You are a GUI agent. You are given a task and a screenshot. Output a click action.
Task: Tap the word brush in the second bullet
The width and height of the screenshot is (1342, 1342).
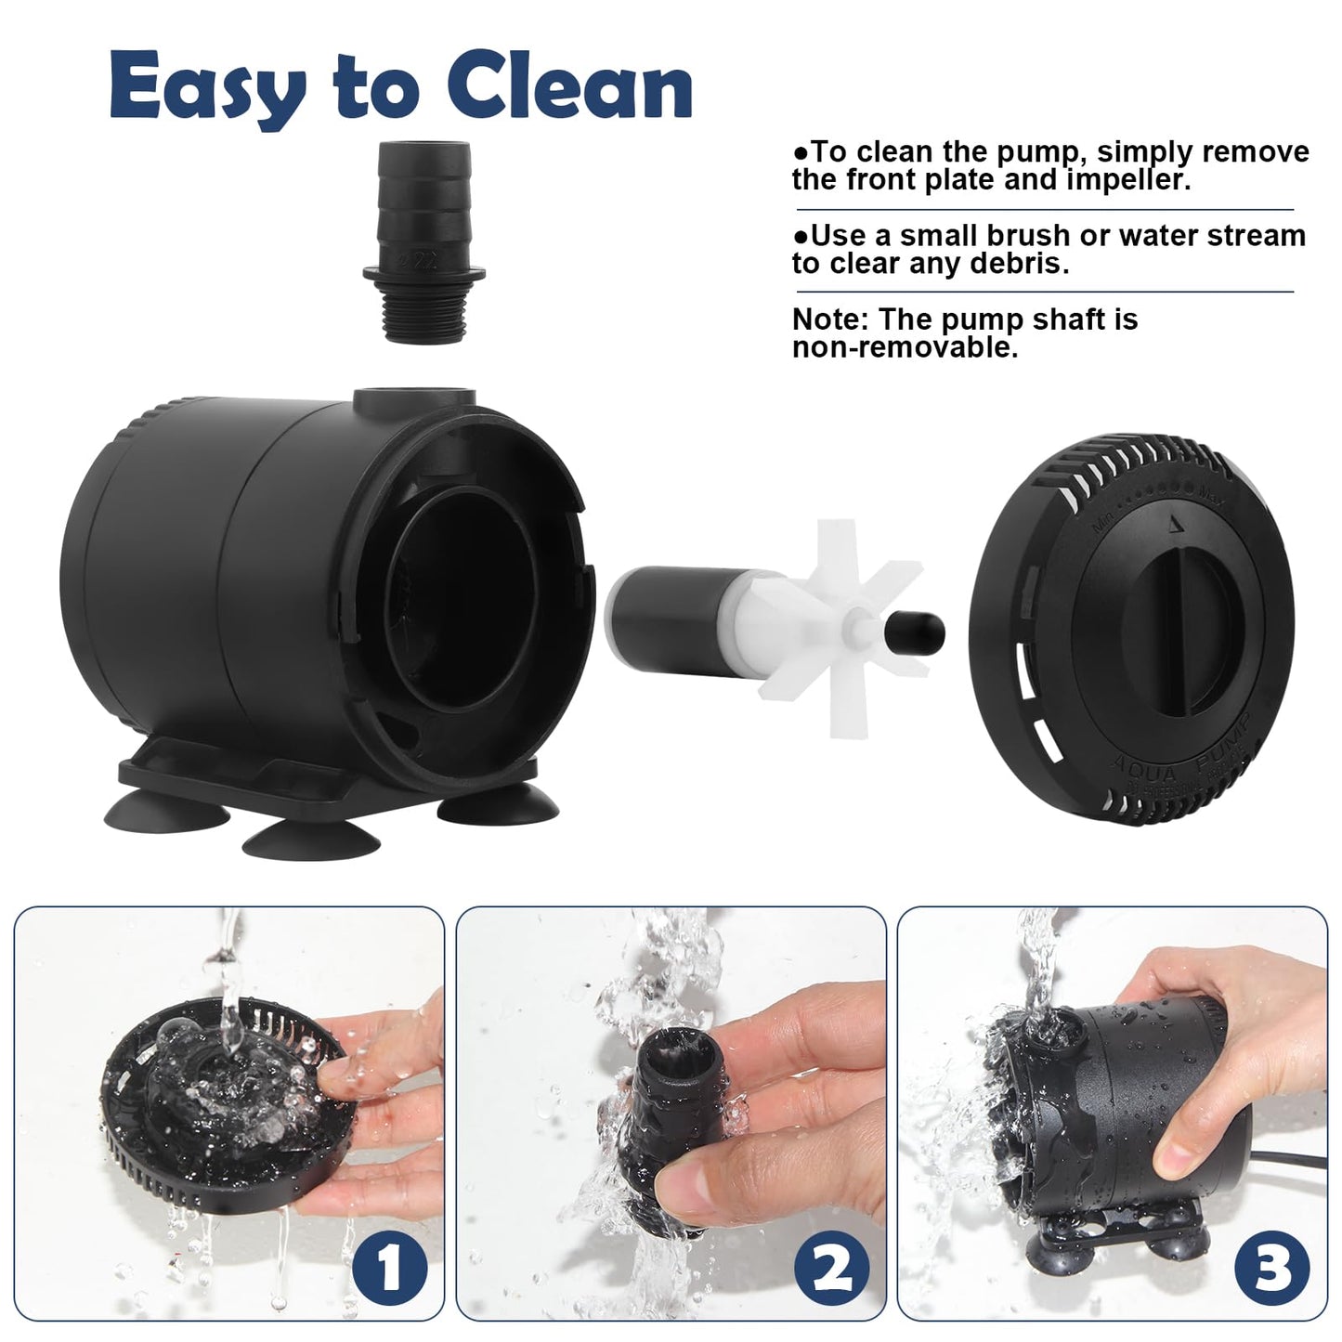tap(1031, 236)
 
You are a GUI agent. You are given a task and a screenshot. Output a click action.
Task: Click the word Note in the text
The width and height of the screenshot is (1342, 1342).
tap(828, 319)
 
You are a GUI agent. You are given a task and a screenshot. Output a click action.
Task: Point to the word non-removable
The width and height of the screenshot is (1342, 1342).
tap(905, 348)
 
